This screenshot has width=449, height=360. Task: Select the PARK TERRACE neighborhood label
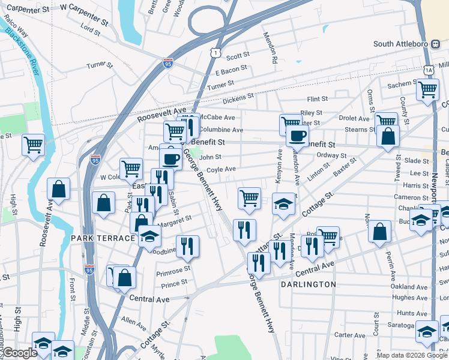point(103,238)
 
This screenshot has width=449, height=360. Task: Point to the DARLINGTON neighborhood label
point(308,284)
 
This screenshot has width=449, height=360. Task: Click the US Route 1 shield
point(215,54)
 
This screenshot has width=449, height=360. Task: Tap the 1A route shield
point(428,70)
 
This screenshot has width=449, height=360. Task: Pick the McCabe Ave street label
point(217,118)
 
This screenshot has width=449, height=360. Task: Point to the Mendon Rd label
point(273,51)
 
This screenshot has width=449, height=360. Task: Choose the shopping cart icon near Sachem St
point(427,89)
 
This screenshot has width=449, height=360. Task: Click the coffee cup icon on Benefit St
point(297,135)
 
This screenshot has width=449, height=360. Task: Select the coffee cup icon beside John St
point(170,159)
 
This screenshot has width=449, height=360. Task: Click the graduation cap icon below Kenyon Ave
point(283,204)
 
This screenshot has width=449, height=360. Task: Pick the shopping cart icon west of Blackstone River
point(33,145)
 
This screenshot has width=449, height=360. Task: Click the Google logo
point(19,353)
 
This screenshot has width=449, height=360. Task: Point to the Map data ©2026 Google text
point(412,355)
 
